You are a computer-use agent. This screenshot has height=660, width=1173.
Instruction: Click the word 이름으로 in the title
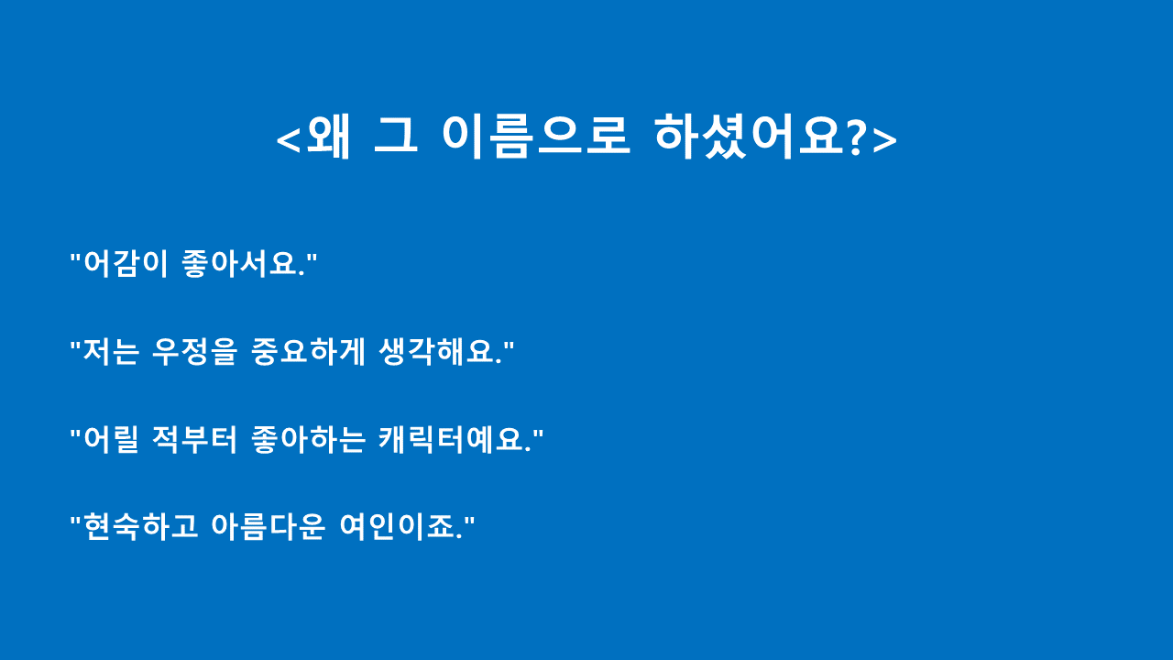pos(535,137)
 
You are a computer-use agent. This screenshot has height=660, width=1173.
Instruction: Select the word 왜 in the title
pos(329,137)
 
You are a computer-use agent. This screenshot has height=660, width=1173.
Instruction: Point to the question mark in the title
pos(856,137)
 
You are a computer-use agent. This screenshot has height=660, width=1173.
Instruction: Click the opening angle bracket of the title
pos(289,139)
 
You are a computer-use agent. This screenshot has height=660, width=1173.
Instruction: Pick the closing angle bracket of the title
pos(884,139)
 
